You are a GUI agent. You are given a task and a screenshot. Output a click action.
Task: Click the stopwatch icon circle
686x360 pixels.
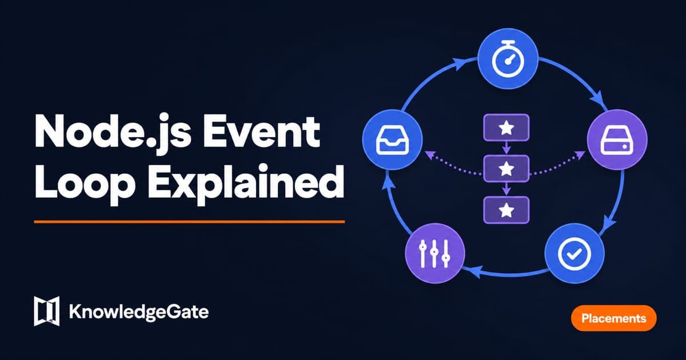pyautogui.click(x=508, y=59)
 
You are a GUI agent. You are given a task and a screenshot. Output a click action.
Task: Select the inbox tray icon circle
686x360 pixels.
pyautogui.click(x=392, y=139)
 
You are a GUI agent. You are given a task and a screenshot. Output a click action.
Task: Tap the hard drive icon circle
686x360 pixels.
pyautogui.click(x=617, y=139)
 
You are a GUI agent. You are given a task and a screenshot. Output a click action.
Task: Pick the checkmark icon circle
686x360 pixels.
pyautogui.click(x=574, y=254)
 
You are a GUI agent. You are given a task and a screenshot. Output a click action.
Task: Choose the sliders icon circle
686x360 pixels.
pyautogui.click(x=435, y=254)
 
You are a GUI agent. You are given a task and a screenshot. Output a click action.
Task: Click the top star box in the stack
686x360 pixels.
pyautogui.click(x=506, y=127)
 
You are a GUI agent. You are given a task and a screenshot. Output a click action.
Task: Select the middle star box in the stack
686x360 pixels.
pyautogui.click(x=506, y=169)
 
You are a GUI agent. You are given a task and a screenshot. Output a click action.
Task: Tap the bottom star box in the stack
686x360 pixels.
pyautogui.click(x=506, y=210)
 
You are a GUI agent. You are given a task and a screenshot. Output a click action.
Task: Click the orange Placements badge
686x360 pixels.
pyautogui.click(x=614, y=318)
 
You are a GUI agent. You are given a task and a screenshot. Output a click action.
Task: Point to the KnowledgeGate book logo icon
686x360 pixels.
pyautogui.click(x=46, y=311)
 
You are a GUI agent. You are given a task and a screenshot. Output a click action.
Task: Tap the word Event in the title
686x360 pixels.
pyautogui.click(x=262, y=131)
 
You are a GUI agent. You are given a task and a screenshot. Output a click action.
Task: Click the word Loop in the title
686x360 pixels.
pyautogui.click(x=85, y=183)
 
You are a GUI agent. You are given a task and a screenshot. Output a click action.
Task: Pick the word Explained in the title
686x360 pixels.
pyautogui.click(x=246, y=183)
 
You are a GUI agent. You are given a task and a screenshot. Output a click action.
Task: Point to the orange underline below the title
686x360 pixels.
pyautogui.click(x=190, y=222)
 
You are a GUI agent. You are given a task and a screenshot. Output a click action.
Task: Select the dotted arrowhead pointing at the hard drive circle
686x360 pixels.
pyautogui.click(x=580, y=155)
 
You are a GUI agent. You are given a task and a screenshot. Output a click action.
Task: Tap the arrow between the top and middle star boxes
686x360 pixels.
pyautogui.click(x=506, y=148)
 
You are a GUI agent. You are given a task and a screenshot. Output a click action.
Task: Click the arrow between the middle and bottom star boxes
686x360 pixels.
pyautogui.click(x=506, y=189)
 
